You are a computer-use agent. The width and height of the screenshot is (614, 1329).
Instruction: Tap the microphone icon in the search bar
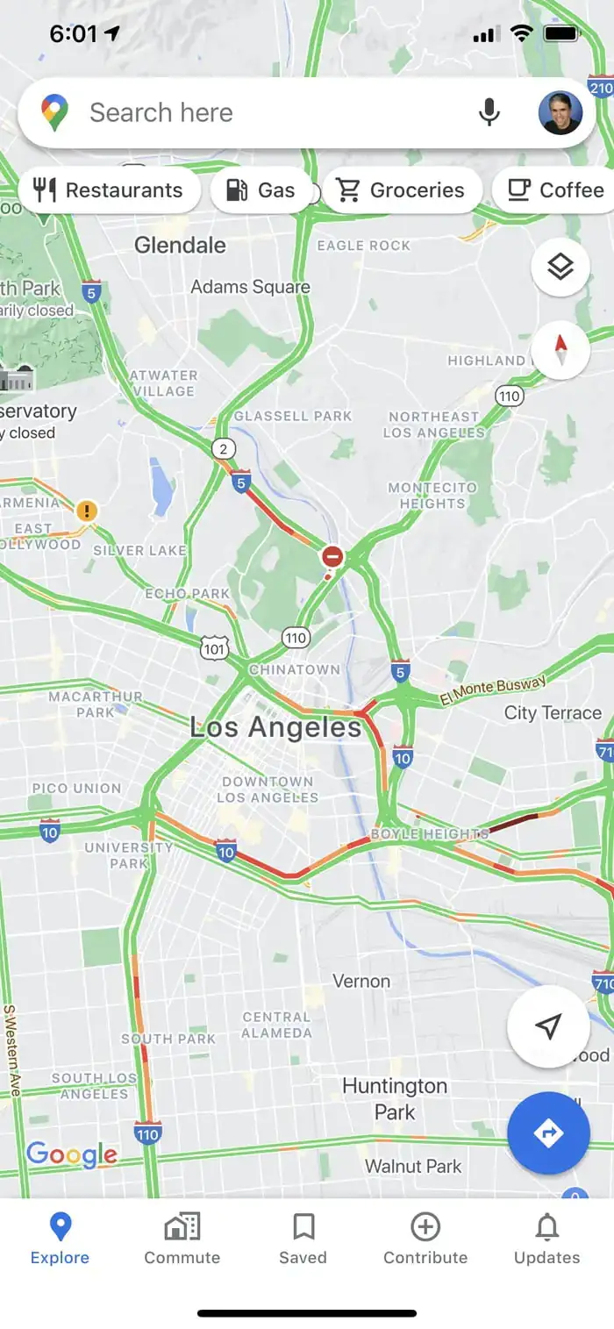pyautogui.click(x=489, y=112)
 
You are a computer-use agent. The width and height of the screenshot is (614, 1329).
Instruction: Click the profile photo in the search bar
pyautogui.click(x=560, y=112)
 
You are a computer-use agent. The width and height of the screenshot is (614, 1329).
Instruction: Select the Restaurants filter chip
pyautogui.click(x=108, y=190)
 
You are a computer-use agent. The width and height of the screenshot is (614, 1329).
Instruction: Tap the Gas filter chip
pyautogui.click(x=261, y=190)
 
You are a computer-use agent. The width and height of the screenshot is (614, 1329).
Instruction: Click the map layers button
pyautogui.click(x=560, y=268)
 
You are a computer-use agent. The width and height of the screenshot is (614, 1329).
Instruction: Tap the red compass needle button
pyautogui.click(x=560, y=350)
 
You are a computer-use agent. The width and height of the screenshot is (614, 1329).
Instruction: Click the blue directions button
pyautogui.click(x=548, y=1133)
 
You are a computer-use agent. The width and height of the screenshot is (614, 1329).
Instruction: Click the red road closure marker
pyautogui.click(x=332, y=556)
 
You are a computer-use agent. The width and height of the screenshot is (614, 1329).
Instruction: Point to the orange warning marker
pyautogui.click(x=86, y=511)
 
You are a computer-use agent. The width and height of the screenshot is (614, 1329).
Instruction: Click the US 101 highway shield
pyautogui.click(x=214, y=648)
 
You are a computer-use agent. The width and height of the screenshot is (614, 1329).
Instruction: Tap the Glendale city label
pyautogui.click(x=180, y=246)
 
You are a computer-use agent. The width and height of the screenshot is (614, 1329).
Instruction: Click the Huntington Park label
pyautogui.click(x=395, y=1098)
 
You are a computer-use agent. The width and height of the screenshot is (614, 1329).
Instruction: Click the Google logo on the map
pyautogui.click(x=72, y=1154)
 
